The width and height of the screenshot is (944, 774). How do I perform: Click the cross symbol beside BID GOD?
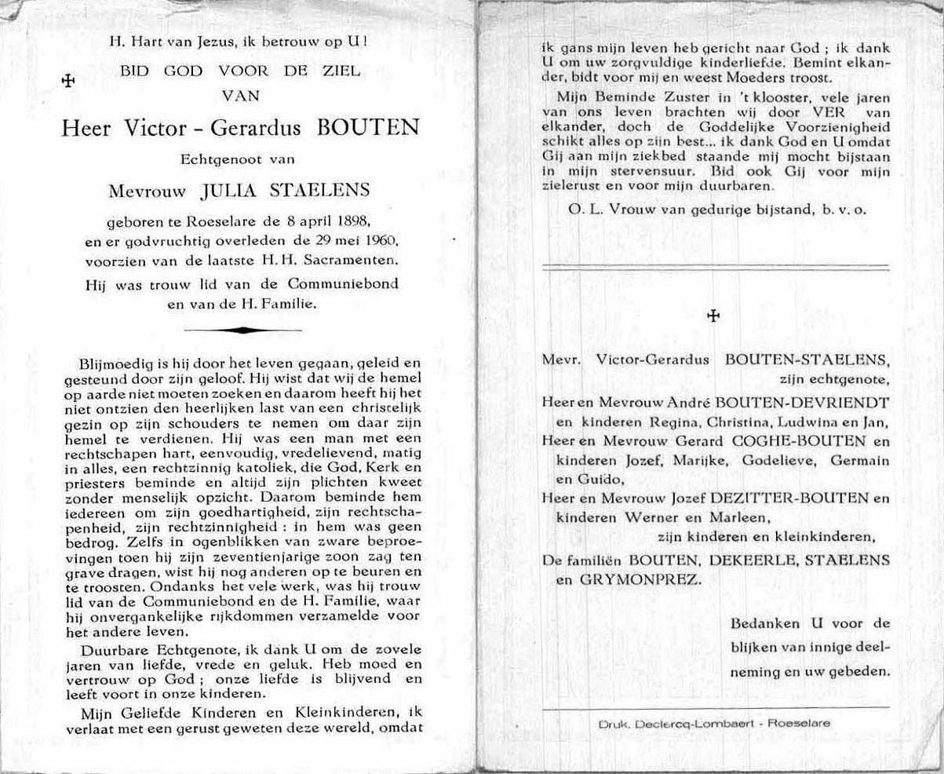coord(67,80)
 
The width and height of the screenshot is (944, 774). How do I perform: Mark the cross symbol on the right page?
coord(713,316)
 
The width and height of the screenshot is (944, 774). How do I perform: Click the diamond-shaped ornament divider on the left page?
coord(242,330)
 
